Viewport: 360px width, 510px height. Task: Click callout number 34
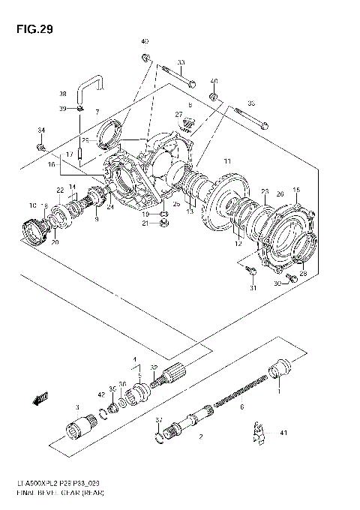pos(41,130)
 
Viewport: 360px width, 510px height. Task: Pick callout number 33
pos(181,62)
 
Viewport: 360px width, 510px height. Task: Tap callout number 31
pos(253,287)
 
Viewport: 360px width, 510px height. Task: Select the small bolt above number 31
pos(253,271)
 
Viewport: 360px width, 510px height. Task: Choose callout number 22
pos(60,190)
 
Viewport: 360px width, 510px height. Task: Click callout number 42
pos(100,394)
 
